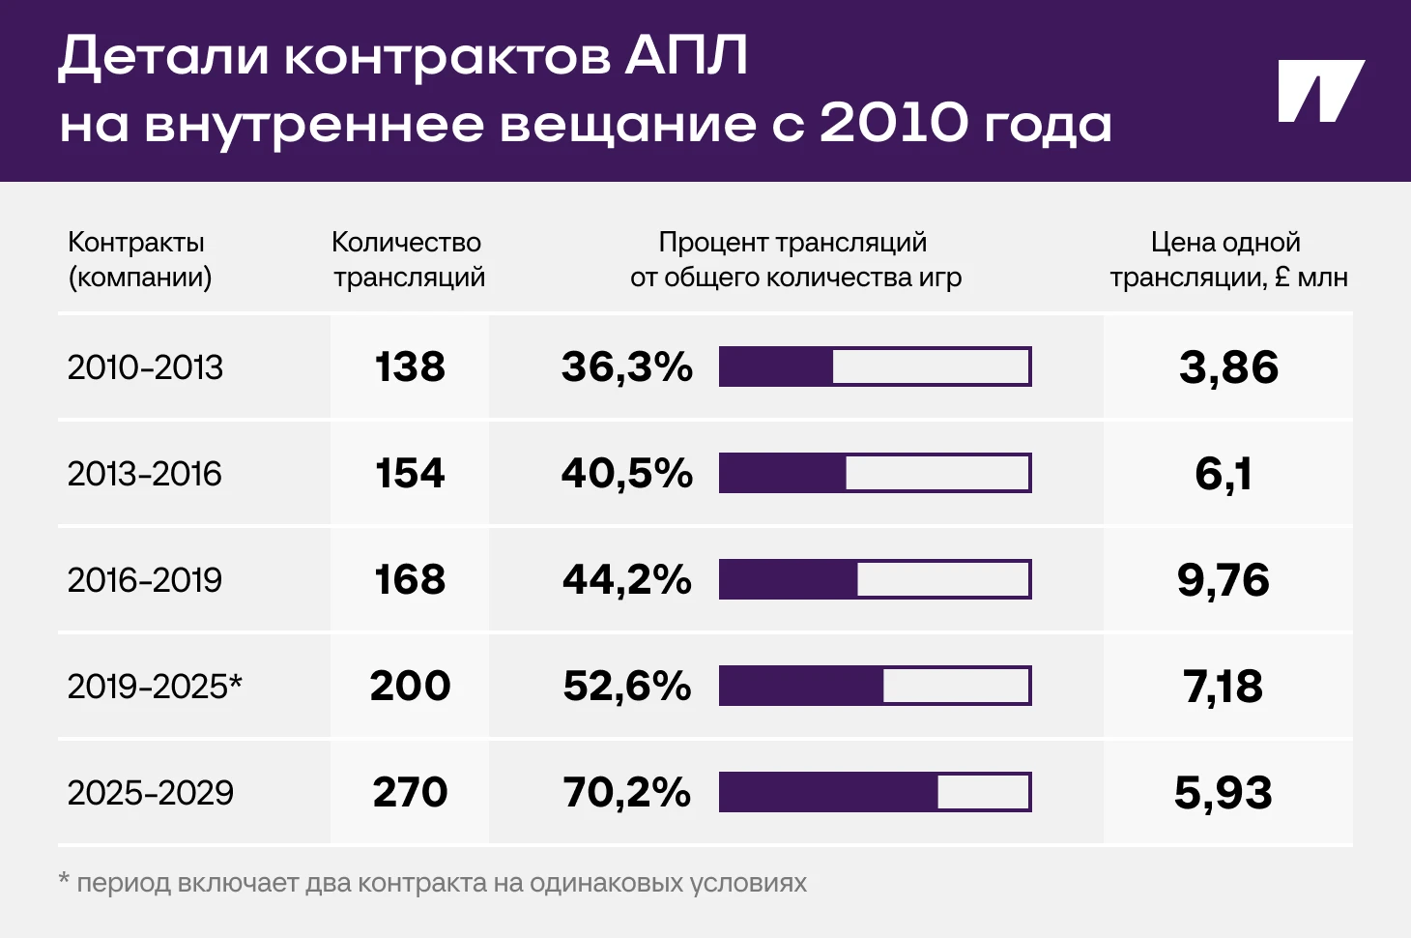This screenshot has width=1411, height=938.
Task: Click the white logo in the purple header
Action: point(1320,92)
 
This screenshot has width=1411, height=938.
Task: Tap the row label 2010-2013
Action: point(145,367)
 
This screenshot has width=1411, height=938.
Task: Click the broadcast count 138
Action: point(410,367)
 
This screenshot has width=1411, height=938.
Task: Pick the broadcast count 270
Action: point(410,793)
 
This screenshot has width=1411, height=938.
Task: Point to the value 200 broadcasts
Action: point(410,687)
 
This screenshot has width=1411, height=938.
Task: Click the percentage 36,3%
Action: point(627,367)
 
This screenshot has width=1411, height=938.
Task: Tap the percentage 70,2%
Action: point(627,793)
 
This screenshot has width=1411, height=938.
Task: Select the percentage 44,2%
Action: point(627,580)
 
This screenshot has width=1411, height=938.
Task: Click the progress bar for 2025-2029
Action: point(875,793)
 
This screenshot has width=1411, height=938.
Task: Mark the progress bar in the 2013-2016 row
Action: point(875,474)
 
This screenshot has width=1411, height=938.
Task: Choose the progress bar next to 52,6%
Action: point(875,687)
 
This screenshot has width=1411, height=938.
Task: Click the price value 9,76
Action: point(1224,580)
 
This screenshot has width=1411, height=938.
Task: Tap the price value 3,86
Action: point(1228,367)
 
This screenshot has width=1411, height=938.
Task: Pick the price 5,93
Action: point(1224,793)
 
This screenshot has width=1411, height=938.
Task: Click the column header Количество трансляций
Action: point(408,259)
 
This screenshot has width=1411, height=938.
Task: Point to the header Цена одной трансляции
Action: point(1227,259)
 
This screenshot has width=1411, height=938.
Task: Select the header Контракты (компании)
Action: point(139,259)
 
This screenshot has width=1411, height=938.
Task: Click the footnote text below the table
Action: point(433,883)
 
